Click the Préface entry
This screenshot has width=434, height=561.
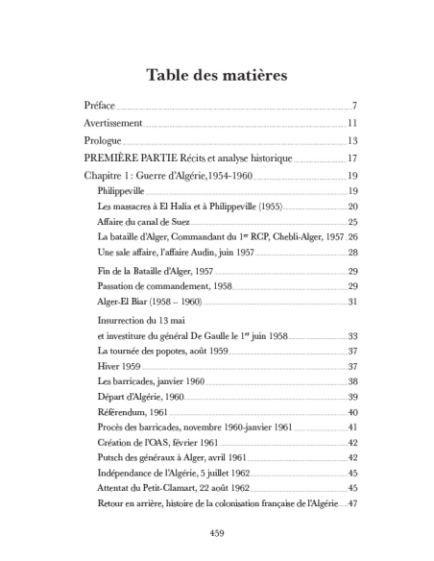coord(99,106)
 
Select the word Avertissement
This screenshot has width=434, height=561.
coord(112,124)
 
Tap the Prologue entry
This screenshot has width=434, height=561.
coord(103,141)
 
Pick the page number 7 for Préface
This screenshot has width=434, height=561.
coord(354,106)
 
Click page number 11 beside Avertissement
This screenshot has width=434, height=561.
coord(351,124)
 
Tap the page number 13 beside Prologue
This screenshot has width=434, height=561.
coord(351,141)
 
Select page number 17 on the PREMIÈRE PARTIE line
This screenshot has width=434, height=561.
coord(351,159)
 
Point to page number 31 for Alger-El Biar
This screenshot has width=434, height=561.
coord(352,302)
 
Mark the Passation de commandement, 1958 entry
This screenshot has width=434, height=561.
coord(164,286)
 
